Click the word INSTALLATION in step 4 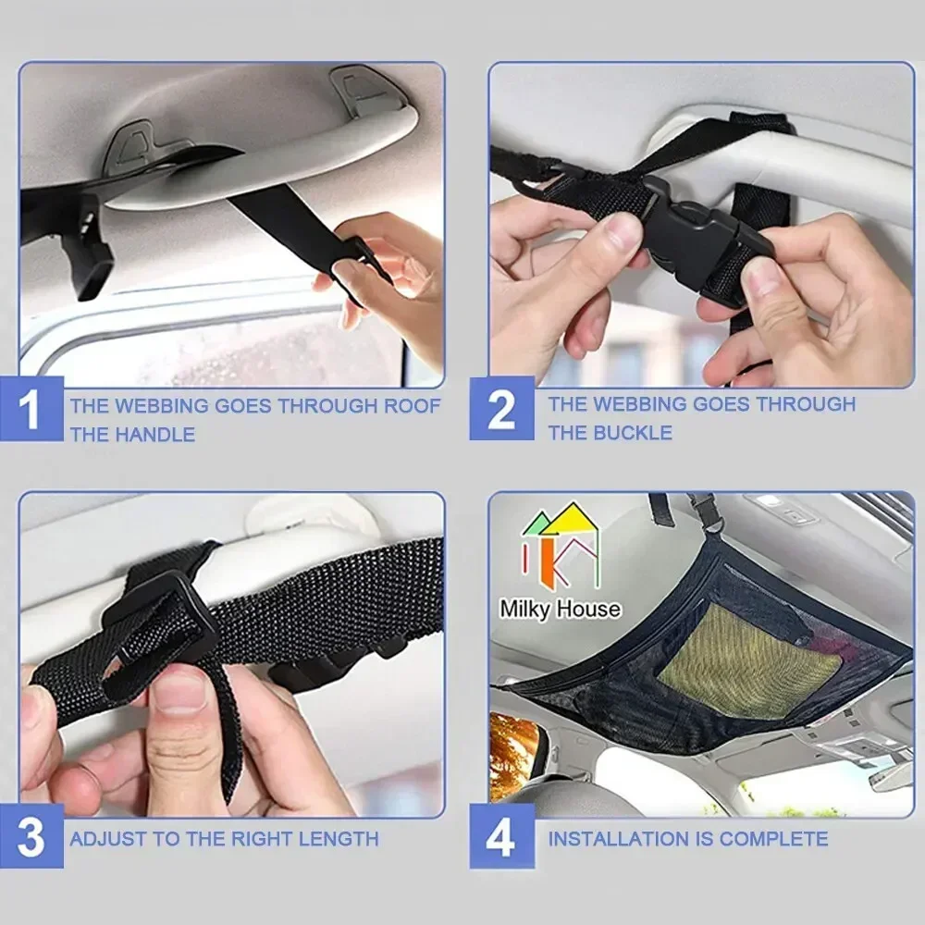(617, 839)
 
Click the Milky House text (560, 609)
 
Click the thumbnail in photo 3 (181, 690)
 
